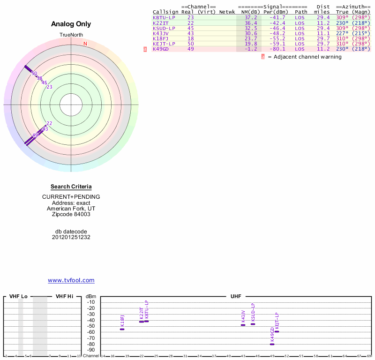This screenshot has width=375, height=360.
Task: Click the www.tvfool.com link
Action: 71,280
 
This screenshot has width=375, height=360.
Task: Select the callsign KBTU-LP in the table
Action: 164,17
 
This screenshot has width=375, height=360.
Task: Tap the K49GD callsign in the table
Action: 161,49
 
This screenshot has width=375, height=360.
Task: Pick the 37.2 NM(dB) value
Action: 251,17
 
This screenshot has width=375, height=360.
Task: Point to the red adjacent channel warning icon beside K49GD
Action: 145,49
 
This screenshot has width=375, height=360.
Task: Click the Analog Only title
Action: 71,24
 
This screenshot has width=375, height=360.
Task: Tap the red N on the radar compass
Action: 85,44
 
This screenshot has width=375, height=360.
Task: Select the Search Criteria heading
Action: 71,187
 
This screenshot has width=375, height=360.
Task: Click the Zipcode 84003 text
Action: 71,214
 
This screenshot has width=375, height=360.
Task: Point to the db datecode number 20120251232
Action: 71,237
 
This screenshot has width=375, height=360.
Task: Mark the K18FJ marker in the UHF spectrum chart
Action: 122,329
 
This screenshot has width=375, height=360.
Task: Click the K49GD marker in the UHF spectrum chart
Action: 272,344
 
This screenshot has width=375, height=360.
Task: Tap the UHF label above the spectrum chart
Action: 236,297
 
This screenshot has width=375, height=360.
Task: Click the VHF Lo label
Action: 18,297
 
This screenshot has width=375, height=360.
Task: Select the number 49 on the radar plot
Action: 35,135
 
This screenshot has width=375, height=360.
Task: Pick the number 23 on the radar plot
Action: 49,87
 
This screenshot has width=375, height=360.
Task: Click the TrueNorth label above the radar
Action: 71,35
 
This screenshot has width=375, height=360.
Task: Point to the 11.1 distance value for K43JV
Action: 323,33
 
